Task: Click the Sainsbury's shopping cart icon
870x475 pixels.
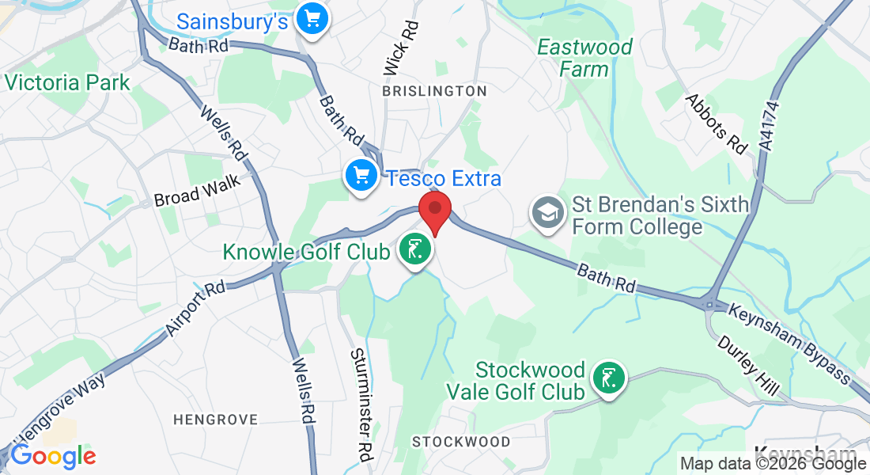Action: point(312,18)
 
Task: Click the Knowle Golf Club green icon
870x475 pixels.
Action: point(414,250)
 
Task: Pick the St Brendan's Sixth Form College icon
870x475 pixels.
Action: point(547,214)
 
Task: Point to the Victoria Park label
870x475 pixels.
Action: point(67,82)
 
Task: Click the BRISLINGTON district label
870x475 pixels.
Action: point(434,92)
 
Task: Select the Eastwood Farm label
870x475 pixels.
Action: point(585,58)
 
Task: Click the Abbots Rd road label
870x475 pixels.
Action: point(717,123)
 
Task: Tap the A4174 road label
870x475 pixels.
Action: point(769,135)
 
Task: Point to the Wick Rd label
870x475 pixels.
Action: point(402,48)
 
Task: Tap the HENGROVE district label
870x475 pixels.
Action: point(215,420)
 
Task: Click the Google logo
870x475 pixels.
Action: point(53,455)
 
